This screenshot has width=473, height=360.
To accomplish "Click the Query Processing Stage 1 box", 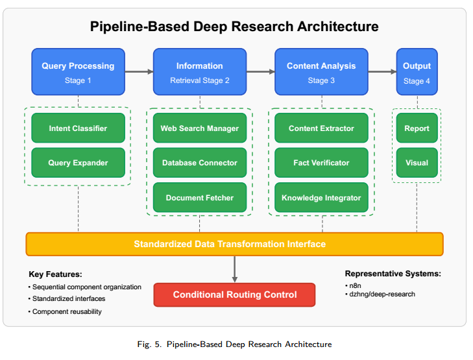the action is (x=78, y=72).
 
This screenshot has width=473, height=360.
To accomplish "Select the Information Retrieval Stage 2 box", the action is (x=200, y=72).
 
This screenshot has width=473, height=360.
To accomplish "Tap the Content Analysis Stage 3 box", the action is (x=321, y=72).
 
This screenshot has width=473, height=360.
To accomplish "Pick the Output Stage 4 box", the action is (x=417, y=72).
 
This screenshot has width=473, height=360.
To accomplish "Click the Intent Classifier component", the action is (x=78, y=128).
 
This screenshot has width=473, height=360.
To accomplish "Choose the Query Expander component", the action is (x=78, y=163).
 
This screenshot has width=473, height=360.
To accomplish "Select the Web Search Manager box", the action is (x=200, y=128).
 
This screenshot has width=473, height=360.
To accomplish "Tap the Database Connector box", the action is (x=200, y=163).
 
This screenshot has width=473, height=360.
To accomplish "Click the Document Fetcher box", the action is (x=200, y=197).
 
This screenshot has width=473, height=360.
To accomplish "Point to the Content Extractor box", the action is (x=321, y=128).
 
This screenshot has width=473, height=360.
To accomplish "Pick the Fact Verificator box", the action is (x=321, y=163).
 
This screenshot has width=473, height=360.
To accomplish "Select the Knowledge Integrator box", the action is (x=321, y=197).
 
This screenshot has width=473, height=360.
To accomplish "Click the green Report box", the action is (x=417, y=128).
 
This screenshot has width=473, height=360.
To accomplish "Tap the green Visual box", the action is (x=417, y=163).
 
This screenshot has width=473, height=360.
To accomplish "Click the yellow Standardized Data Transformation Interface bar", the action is (x=234, y=244).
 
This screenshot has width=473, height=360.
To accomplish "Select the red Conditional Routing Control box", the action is (x=234, y=294).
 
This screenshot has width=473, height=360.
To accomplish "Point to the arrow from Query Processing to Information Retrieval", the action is (x=139, y=72).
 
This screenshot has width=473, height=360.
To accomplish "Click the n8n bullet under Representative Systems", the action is (x=353, y=285).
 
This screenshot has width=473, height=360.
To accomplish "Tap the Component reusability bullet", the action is (x=65, y=311).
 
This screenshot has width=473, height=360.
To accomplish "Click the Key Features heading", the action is (x=56, y=274).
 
